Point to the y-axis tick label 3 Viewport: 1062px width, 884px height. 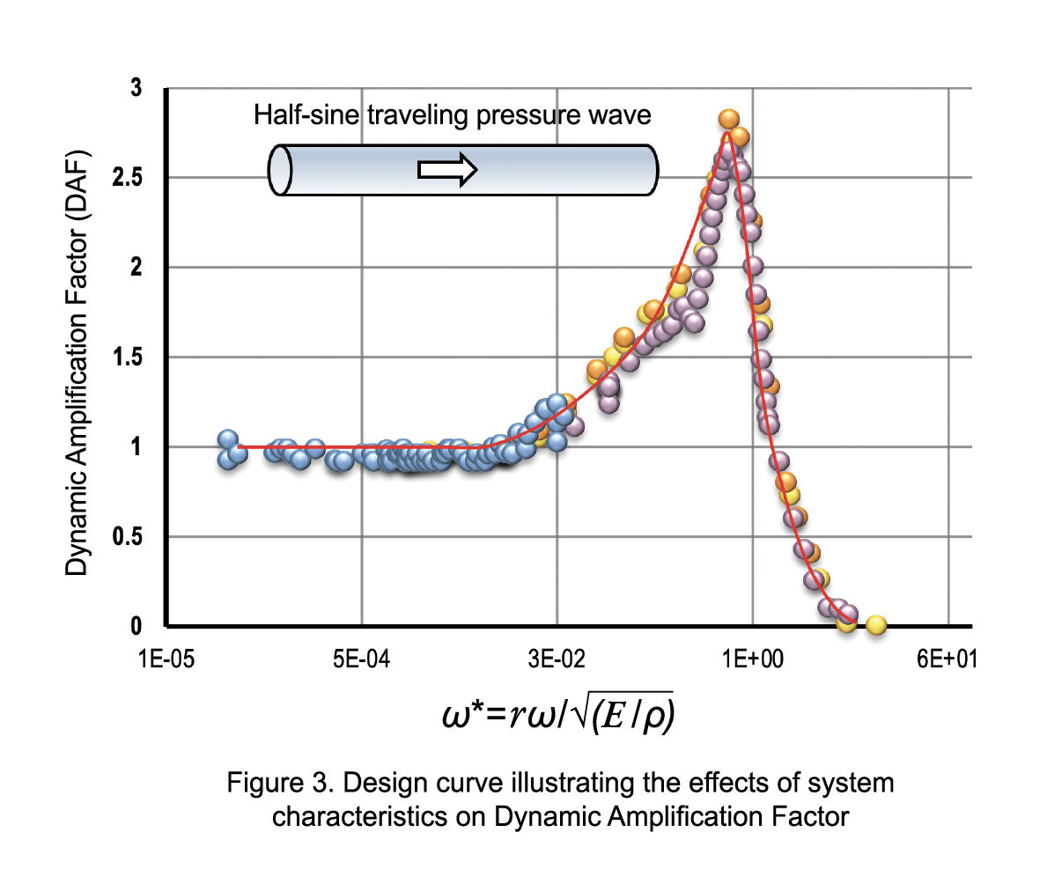(x=136, y=88)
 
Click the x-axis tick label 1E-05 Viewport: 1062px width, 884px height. (x=166, y=659)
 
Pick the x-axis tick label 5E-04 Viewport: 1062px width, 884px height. (x=362, y=659)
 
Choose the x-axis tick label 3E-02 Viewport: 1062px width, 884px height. (x=557, y=659)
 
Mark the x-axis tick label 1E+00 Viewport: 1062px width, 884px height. (x=752, y=659)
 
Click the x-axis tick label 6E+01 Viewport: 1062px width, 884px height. (x=947, y=659)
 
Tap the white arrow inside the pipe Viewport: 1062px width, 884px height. (x=447, y=169)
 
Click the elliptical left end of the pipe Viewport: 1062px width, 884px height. (x=281, y=170)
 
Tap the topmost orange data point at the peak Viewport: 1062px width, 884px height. (x=728, y=120)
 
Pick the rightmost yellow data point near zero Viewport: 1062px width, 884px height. (x=875, y=625)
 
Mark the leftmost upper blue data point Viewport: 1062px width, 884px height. (x=228, y=439)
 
